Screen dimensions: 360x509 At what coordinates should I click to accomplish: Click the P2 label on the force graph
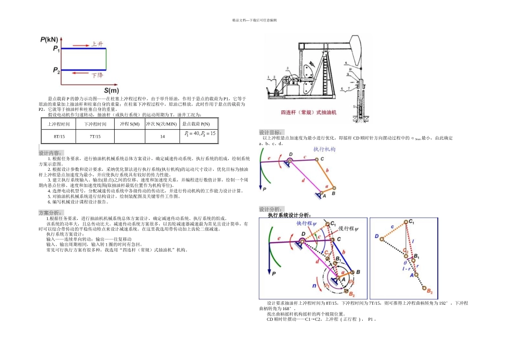56,70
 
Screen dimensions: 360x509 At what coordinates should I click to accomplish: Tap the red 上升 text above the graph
97,44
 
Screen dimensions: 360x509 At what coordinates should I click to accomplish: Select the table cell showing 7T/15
95,137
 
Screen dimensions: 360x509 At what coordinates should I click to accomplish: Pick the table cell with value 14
162,137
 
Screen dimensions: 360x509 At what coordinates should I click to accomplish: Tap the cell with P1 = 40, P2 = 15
199,134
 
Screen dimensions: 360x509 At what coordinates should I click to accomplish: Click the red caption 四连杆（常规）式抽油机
308,112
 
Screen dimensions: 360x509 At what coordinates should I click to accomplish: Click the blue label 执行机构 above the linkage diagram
324,149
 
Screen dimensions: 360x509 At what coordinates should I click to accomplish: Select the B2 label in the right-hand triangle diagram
430,290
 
